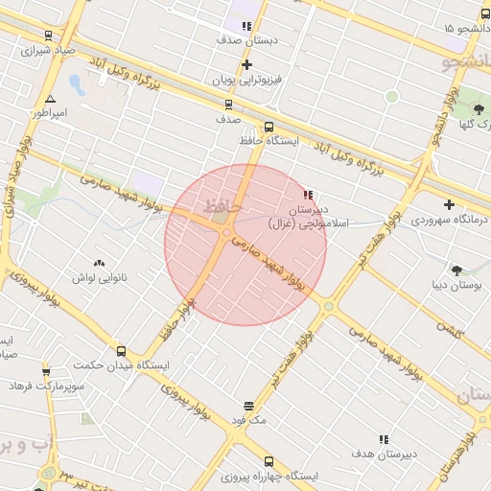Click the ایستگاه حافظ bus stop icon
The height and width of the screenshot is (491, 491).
tap(268, 127)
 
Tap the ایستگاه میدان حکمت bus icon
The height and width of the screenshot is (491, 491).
tap(121, 351)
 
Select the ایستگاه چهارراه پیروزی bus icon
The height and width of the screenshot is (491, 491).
tap(268, 461)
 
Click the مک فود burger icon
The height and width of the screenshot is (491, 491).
tap(249, 406)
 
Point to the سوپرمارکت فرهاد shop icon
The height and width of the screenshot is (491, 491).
tap(46, 371)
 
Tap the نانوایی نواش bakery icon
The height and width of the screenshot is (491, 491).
tap(99, 262)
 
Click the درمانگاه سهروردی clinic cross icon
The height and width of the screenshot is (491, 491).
tap(449, 204)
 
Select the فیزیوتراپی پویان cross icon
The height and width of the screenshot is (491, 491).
tap(247, 64)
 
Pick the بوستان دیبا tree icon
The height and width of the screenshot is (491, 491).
tap(456, 269)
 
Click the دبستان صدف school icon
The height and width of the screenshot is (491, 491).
tap(246, 27)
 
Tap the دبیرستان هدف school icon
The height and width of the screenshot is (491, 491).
tap(384, 439)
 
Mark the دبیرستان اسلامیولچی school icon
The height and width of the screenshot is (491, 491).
tap(308, 194)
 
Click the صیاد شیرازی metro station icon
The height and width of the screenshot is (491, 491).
tap(48, 35)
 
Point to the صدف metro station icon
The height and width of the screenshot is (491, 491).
tap(228, 105)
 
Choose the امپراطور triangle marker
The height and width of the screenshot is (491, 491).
tap(50, 99)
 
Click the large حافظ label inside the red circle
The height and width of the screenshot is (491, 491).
tap(222, 204)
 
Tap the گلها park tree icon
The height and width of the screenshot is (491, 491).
tap(477, 108)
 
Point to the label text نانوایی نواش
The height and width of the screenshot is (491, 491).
tap(99, 277)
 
